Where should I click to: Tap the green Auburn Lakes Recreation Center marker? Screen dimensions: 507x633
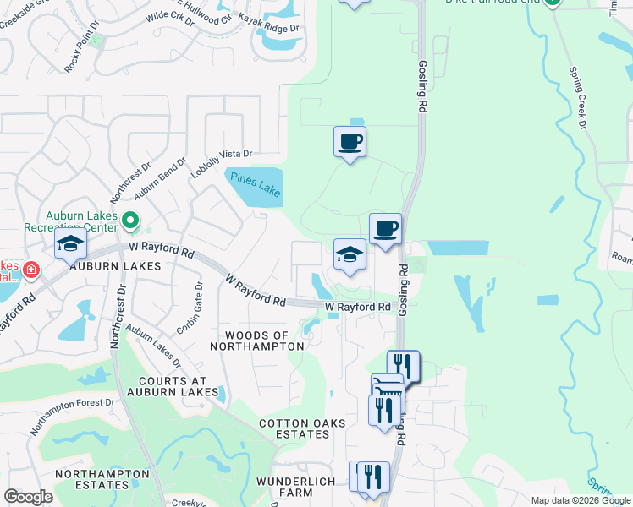click(x=130, y=221)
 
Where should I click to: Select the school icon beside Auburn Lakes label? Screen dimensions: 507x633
click(x=70, y=244)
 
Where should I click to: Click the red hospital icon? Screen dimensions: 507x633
click(x=31, y=270)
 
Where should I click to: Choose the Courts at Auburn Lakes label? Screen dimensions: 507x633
click(x=174, y=385)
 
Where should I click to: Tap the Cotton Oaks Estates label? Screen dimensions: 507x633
click(x=294, y=428)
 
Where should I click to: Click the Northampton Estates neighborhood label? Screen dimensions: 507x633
click(x=91, y=480)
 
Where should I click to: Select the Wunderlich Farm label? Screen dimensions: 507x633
click(x=296, y=487)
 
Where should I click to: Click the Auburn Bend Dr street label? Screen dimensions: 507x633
click(x=160, y=177)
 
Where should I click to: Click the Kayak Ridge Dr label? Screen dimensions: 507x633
click(x=268, y=28)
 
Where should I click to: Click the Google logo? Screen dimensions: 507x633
click(x=28, y=497)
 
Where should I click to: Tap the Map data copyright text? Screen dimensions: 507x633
click(x=580, y=500)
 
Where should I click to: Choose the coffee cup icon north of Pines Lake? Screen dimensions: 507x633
click(x=350, y=142)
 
